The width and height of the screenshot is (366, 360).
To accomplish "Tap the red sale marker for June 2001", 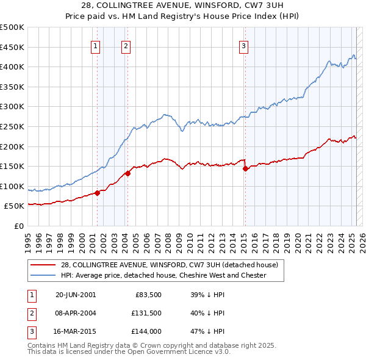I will (98, 193).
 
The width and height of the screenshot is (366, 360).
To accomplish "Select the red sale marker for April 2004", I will (128, 173).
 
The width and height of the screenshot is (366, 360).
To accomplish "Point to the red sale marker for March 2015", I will (245, 168).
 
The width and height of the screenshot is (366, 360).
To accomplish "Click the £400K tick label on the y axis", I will (13, 67).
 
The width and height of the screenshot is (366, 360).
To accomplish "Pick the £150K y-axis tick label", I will (13, 166).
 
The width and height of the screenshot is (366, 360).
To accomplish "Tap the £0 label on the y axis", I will (19, 226).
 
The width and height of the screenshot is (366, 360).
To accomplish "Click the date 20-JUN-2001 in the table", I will (76, 295).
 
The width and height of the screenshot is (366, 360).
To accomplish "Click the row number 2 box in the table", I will (31, 313).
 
